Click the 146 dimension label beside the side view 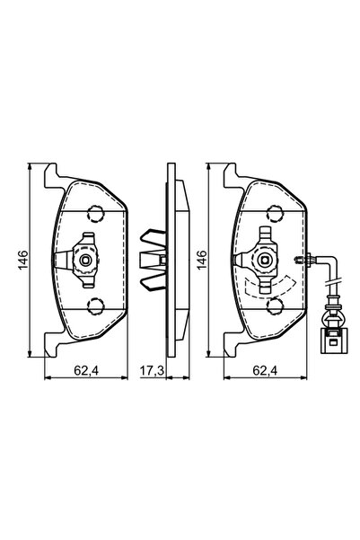[203, 261]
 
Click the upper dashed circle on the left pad [93, 213]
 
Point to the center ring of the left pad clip [84, 261]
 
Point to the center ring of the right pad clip [262, 261]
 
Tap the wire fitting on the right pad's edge [305, 261]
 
